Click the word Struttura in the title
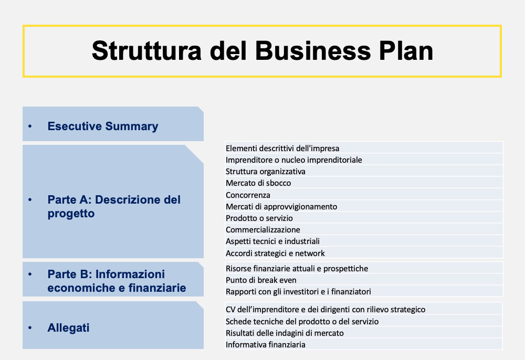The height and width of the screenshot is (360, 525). [146, 51]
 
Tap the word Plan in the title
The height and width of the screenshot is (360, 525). [406, 51]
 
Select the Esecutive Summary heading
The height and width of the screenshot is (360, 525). [103, 126]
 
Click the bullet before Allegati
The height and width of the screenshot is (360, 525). [30, 327]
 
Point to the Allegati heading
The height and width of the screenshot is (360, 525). [68, 328]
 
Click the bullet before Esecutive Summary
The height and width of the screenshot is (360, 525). [30, 126]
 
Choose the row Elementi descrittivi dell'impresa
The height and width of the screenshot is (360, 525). [282, 148]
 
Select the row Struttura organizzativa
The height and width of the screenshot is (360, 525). [266, 172]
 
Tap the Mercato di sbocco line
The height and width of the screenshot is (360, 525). [258, 183]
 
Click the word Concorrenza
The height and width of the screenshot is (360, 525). [248, 195]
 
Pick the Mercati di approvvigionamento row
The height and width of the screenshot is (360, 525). [281, 207]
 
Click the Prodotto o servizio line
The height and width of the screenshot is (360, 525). [259, 218]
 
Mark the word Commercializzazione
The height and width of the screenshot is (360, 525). [263, 230]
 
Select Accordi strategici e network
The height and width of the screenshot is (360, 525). [275, 253]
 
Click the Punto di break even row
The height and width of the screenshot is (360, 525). [261, 280]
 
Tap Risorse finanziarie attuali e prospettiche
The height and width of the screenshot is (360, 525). [297, 269]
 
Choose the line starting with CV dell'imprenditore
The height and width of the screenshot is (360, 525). [325, 310]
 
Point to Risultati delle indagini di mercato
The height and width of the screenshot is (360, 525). [285, 333]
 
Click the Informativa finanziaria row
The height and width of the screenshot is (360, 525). [266, 345]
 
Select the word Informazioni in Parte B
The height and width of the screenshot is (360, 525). [130, 274]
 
